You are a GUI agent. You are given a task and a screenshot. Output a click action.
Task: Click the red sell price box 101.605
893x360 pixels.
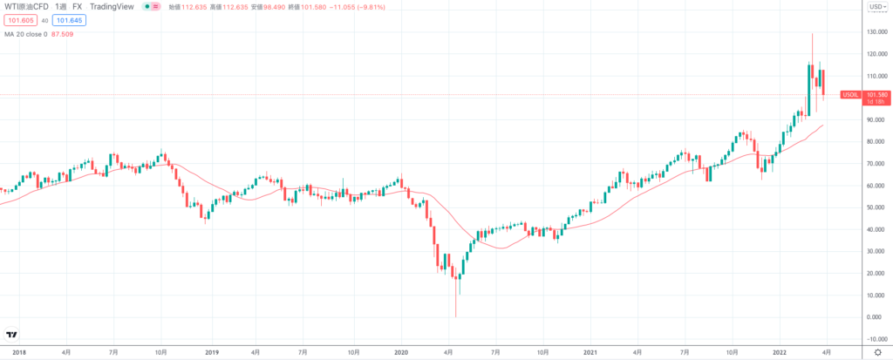(x=19, y=20)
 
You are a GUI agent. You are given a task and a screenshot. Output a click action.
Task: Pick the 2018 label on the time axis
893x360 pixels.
(x=19, y=352)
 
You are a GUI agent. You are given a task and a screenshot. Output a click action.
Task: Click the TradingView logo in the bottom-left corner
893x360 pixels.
(x=12, y=335)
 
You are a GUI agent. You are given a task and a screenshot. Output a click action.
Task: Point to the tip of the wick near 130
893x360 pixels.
(x=813, y=34)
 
